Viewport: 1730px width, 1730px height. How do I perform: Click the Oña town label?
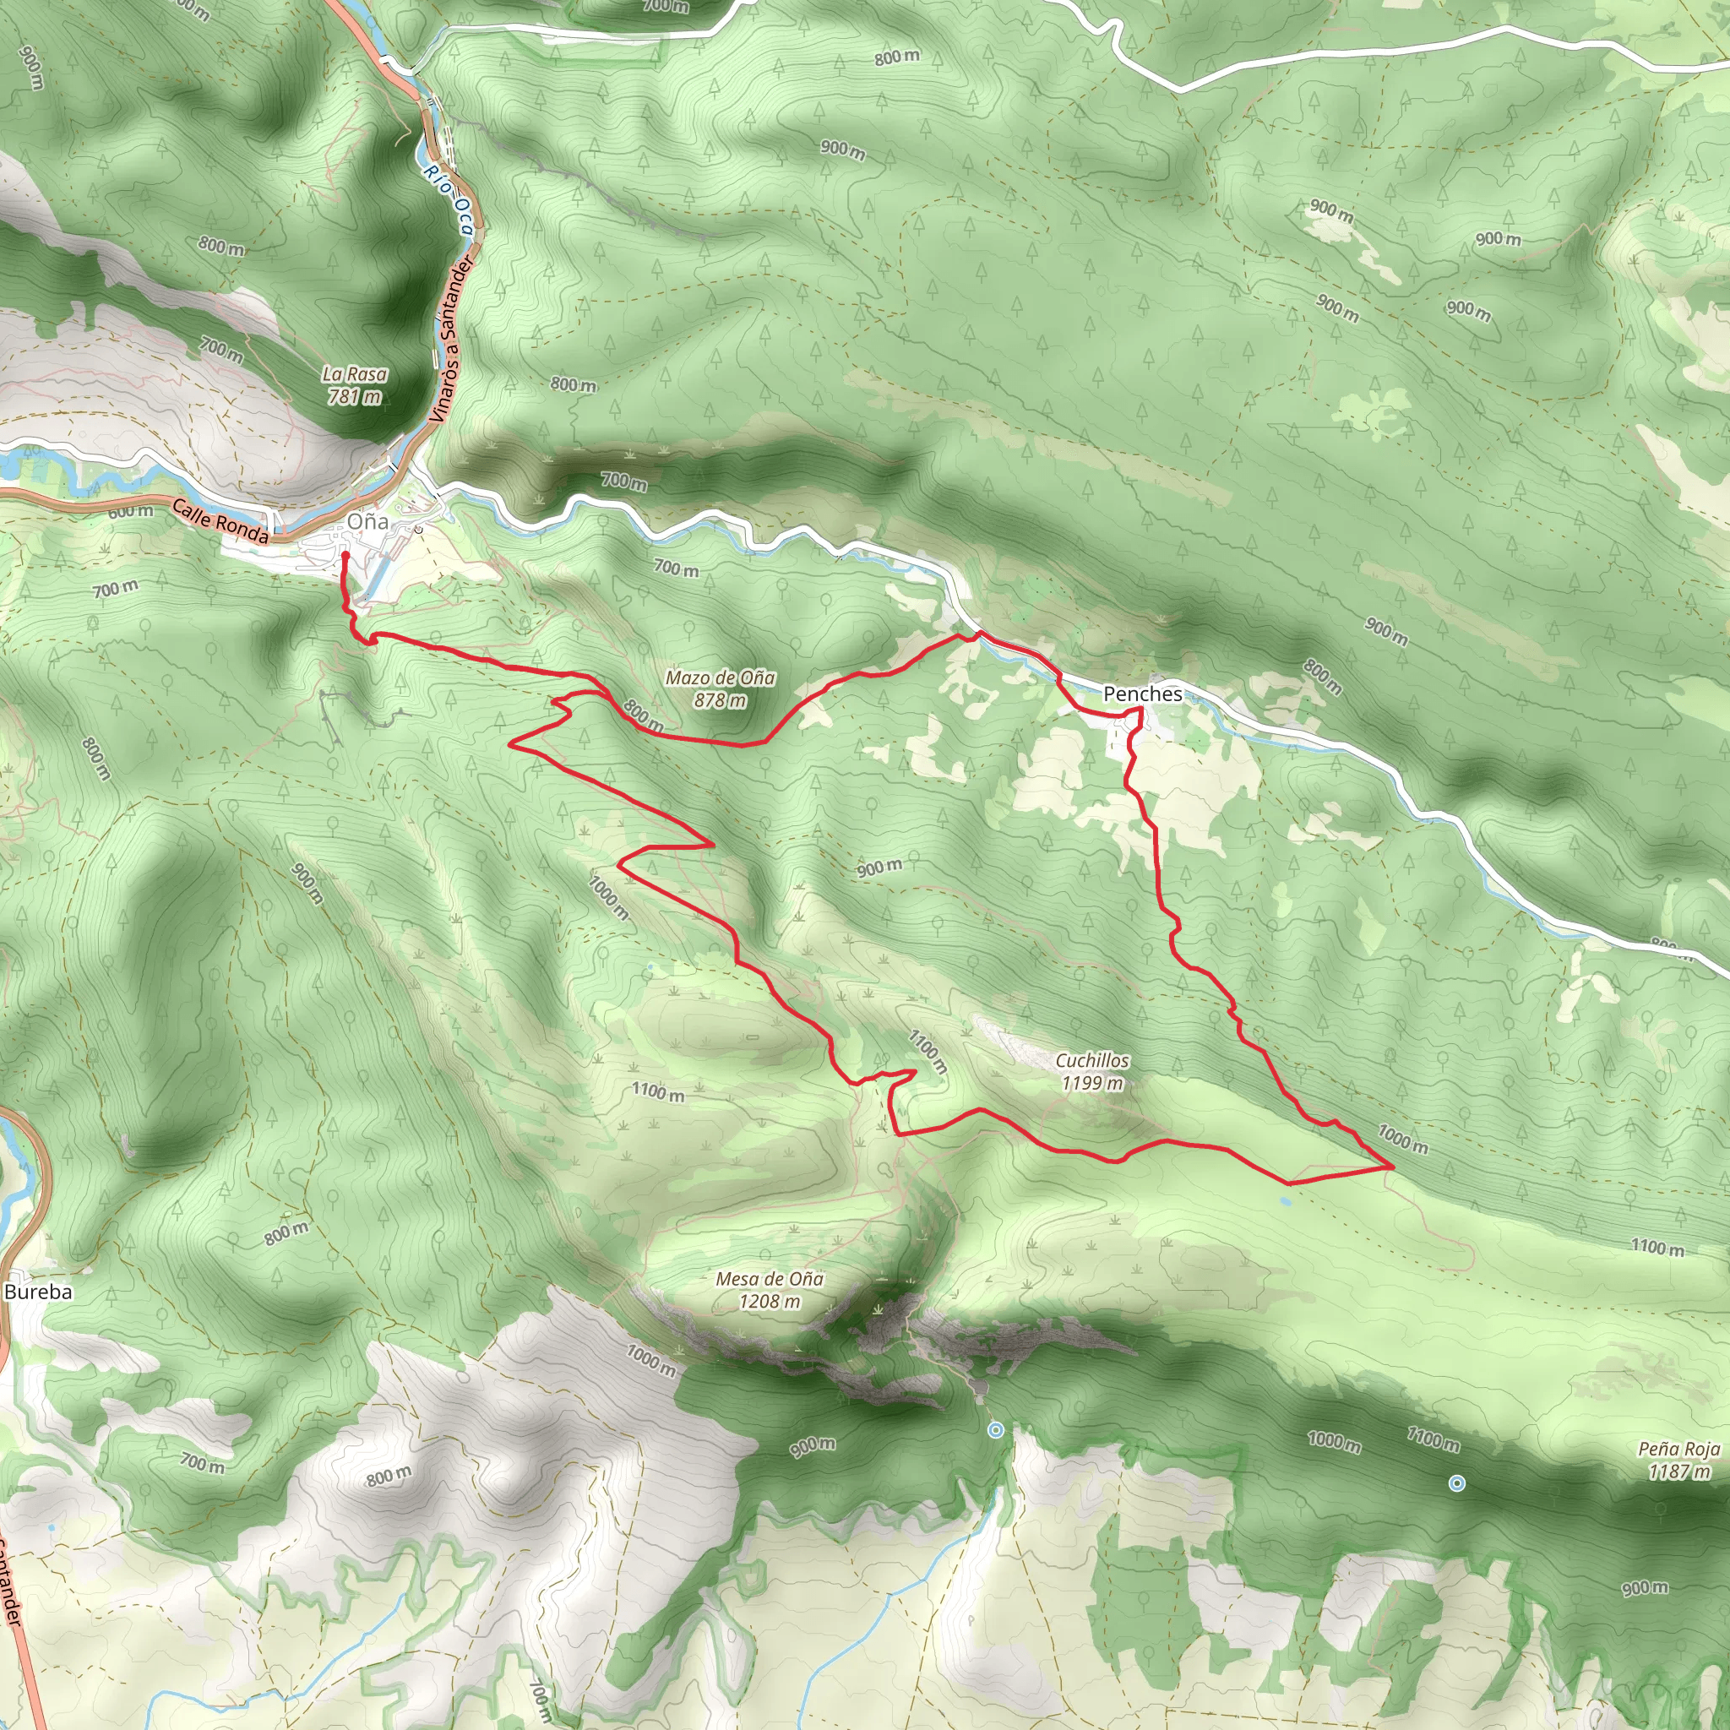(368, 521)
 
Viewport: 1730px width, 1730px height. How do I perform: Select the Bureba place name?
(38, 1292)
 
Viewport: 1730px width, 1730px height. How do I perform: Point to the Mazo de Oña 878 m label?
(720, 688)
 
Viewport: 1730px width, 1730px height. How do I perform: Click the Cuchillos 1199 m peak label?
(1091, 1071)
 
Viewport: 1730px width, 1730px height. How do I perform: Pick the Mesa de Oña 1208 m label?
(770, 1289)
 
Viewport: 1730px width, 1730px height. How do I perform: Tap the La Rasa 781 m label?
(355, 385)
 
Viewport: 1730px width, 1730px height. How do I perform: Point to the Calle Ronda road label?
(220, 522)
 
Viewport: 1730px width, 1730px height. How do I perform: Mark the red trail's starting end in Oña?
(345, 555)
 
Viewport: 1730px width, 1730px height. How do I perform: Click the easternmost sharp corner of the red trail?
(1392, 1167)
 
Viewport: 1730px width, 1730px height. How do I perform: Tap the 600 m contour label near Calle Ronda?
(131, 511)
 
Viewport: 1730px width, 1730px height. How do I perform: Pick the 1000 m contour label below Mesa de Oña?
(651, 1360)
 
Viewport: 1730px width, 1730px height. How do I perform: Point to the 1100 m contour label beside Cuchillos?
(928, 1053)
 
